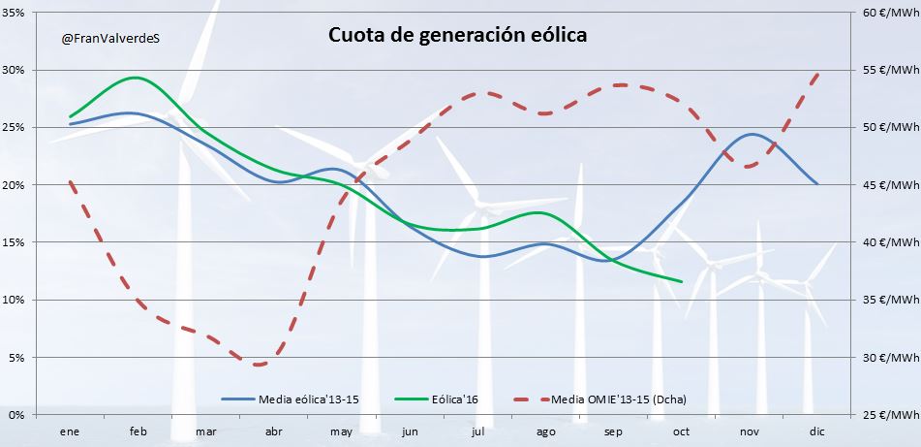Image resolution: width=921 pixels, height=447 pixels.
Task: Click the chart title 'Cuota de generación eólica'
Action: point(458,35)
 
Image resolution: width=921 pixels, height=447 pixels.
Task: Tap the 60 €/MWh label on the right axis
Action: point(888,14)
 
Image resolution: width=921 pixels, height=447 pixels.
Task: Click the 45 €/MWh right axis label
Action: point(888,185)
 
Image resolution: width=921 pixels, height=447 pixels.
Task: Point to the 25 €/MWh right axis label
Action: point(888,415)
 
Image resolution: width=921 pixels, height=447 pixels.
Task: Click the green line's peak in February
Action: point(137,78)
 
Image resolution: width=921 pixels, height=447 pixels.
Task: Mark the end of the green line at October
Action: point(682,282)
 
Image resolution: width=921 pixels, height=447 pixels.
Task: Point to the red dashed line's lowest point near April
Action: point(259,366)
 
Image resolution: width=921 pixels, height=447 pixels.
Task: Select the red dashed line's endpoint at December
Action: point(818,74)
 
